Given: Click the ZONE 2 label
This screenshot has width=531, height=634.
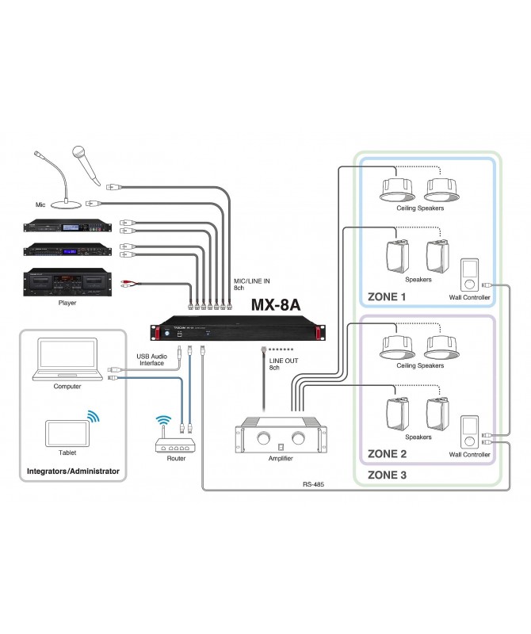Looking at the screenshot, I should pyautogui.click(x=387, y=454).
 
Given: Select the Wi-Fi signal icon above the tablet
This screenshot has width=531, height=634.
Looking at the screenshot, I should pyautogui.click(x=94, y=416).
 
